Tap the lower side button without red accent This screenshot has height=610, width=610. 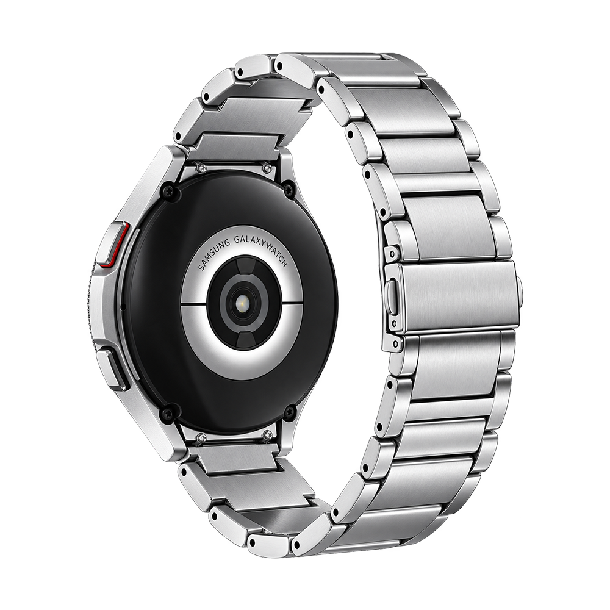click(x=115, y=370)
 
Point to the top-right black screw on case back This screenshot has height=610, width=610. click(x=289, y=188)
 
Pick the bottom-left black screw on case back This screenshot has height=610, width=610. click(x=168, y=411)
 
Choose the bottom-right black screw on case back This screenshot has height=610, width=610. click(x=290, y=412)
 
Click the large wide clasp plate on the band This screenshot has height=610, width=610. click(x=460, y=298)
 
